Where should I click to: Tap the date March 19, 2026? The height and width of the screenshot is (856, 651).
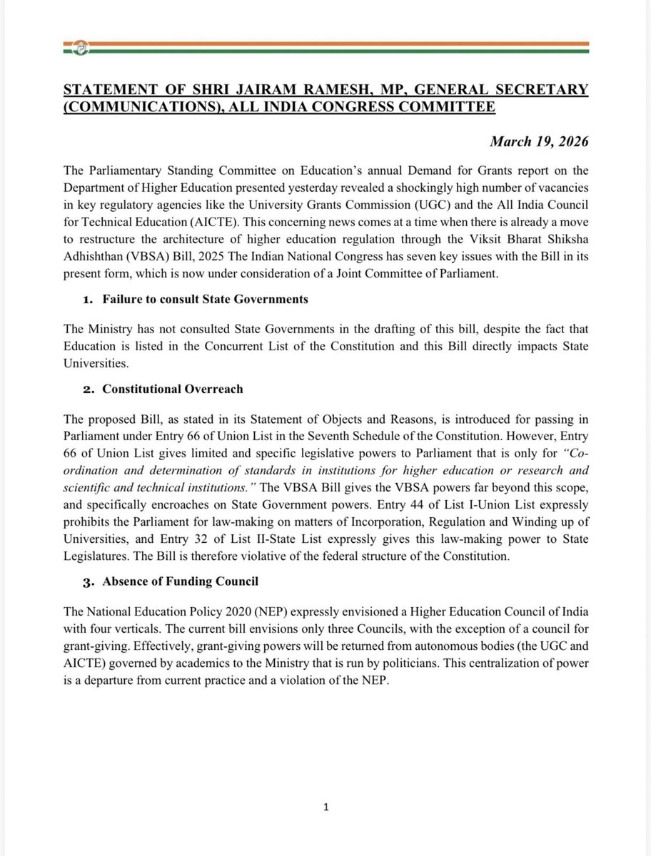pyautogui.click(x=539, y=141)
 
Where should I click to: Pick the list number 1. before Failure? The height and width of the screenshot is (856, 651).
pyautogui.click(x=89, y=300)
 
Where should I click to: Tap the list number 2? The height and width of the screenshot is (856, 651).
pyautogui.click(x=89, y=389)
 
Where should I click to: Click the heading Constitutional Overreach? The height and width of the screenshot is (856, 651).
pyautogui.click(x=173, y=389)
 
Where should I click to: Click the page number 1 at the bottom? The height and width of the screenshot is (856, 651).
pyautogui.click(x=325, y=807)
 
